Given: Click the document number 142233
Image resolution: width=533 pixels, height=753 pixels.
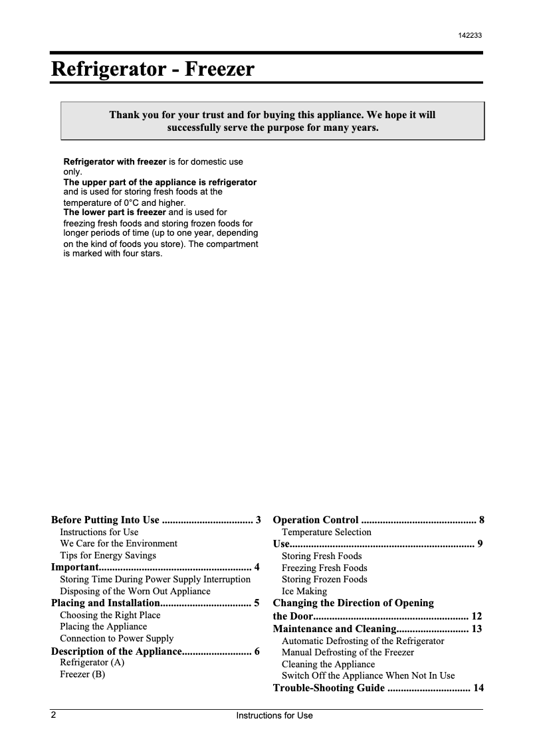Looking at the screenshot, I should (x=470, y=36).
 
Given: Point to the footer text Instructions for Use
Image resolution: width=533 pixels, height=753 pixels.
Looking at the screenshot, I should (x=274, y=716).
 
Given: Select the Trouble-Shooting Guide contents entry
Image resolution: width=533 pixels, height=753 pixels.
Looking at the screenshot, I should (x=328, y=688).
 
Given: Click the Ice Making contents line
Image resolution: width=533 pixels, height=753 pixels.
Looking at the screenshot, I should (x=304, y=591).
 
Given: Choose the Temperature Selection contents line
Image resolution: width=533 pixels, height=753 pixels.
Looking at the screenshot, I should (x=326, y=532).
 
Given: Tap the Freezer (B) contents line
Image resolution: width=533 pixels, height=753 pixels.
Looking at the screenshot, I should (x=82, y=674).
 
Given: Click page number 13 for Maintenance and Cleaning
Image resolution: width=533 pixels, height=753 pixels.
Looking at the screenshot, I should (x=477, y=629).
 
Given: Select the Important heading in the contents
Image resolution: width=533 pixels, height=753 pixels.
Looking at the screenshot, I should (x=75, y=567).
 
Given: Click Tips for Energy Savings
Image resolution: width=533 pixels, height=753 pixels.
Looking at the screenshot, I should (x=108, y=555).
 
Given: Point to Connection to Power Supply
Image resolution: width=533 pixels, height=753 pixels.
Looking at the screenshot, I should (x=116, y=638).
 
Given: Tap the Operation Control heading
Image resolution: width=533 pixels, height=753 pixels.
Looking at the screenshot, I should (x=316, y=520).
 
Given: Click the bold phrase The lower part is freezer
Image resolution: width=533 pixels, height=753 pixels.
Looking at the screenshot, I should (x=114, y=212).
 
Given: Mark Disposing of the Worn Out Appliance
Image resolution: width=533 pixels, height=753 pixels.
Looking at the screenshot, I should (x=135, y=591).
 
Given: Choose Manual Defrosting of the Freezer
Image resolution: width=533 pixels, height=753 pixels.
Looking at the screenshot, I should (x=348, y=652).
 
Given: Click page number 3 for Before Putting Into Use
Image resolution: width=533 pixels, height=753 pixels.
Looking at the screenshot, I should (x=258, y=520).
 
